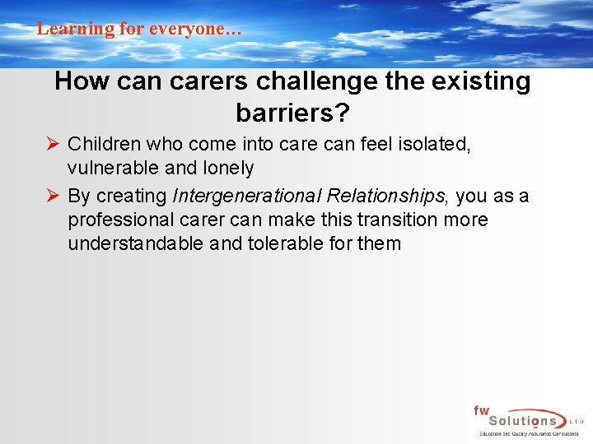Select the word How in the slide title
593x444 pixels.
77,81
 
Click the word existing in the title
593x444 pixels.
483,81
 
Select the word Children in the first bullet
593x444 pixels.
101,145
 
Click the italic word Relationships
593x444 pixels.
387,196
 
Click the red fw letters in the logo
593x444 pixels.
480,410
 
